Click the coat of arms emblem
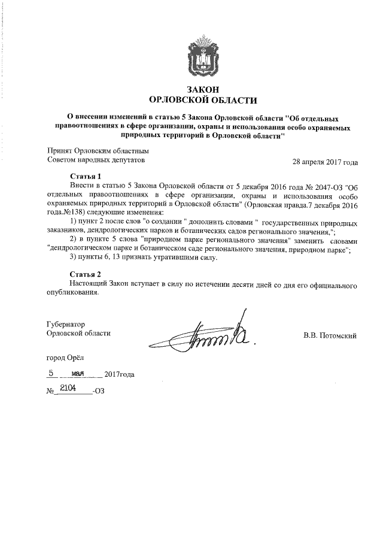click(201, 55)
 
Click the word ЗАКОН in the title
click(201, 89)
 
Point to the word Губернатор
click(66, 323)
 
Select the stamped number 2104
click(68, 389)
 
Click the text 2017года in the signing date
click(119, 375)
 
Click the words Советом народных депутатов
click(95, 161)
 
